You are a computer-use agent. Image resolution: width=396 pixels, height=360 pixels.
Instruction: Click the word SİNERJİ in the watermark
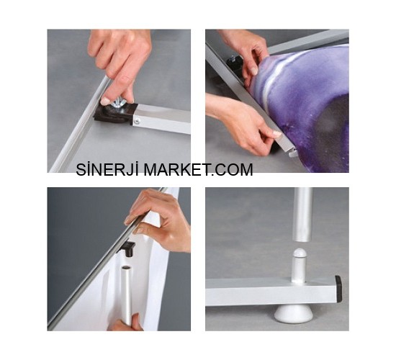(107, 169)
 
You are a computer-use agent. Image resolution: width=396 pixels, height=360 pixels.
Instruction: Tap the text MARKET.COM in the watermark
(199, 169)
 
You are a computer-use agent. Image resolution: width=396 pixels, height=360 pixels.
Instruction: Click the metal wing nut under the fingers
(120, 102)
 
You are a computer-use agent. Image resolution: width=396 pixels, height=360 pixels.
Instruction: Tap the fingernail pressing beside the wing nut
(104, 102)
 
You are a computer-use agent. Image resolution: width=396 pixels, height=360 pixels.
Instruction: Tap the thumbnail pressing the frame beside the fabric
(276, 133)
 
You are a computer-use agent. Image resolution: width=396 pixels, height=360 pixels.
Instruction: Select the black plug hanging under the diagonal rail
(128, 248)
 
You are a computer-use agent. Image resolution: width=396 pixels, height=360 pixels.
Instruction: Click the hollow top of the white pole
(126, 267)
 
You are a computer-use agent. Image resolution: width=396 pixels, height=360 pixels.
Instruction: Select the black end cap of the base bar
(338, 289)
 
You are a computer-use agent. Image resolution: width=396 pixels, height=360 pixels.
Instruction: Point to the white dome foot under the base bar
(294, 314)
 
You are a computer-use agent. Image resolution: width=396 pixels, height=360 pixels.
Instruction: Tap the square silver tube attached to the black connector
(161, 119)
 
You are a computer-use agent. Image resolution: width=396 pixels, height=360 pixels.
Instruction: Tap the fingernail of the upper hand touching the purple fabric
(254, 71)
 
